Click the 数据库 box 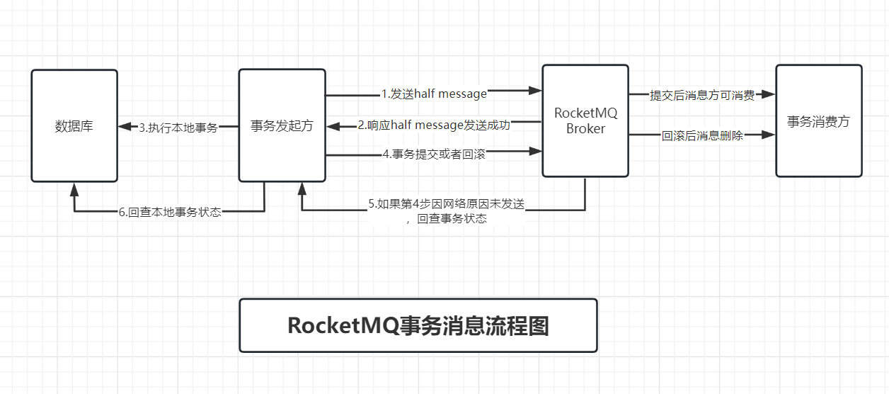[74, 126]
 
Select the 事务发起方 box [282, 126]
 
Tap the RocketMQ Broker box [585, 120]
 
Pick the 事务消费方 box [818, 121]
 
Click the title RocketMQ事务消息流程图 [418, 325]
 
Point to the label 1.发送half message [434, 94]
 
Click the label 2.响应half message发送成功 [434, 125]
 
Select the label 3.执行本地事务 [178, 128]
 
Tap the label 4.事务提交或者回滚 [434, 154]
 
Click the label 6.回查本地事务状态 [170, 212]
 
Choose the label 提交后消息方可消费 [702, 96]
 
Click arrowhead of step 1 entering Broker [536, 91]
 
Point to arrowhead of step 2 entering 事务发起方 [333, 127]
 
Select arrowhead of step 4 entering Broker [536, 150]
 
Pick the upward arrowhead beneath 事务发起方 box [302, 188]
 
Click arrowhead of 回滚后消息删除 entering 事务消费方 [769, 134]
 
